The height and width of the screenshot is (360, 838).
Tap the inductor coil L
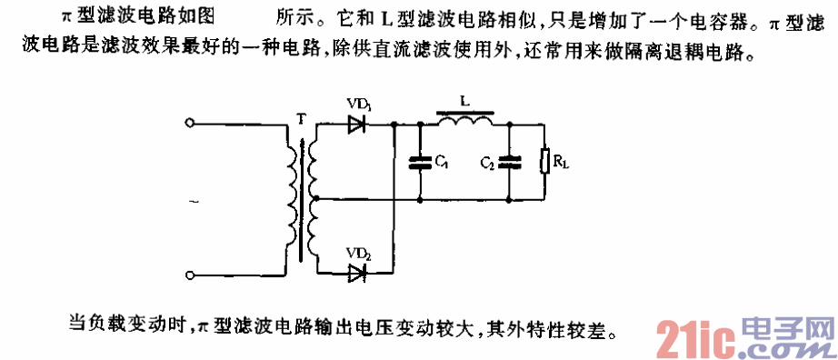[466, 119]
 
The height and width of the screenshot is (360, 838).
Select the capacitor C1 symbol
[420, 164]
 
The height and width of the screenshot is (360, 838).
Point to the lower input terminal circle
[189, 274]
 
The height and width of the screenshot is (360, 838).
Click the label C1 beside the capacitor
[441, 164]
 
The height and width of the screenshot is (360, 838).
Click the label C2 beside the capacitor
[487, 164]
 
